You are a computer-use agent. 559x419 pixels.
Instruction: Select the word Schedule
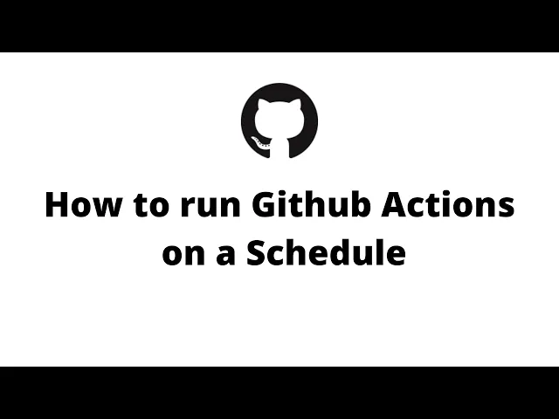[326, 252]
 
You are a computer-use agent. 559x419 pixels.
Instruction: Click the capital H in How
[57, 206]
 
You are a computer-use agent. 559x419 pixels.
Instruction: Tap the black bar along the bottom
[279, 393]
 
